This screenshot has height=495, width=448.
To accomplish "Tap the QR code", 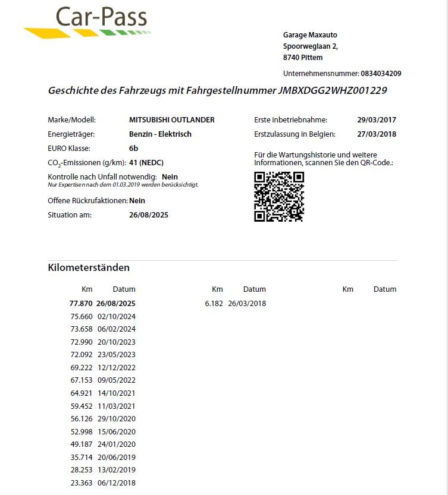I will pos(278,197).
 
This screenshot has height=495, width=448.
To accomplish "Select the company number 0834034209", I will pos(381,74).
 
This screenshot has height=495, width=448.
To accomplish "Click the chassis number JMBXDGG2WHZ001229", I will pos(333,91).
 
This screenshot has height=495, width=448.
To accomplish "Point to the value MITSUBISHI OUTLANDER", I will pos(171,120).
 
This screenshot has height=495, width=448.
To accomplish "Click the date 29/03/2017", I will pos(377,120).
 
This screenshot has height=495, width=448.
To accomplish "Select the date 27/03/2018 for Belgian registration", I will pos(377,134).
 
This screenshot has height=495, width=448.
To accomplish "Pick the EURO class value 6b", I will pos(133,148).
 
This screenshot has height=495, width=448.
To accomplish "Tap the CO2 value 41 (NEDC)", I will pos(146,162).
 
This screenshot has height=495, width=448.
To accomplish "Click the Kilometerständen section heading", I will pos(89,268).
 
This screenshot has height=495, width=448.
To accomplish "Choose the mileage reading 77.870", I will pos(82,304).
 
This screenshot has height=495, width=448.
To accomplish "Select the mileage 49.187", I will pos(82,444).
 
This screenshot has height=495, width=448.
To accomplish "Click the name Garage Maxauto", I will pos(310,35).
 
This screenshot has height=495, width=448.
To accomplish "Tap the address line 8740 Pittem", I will pos(303,58).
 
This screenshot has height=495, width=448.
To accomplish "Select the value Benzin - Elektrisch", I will pos(160,134).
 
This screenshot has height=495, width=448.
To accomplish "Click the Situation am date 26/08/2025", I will pos(149,215).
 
